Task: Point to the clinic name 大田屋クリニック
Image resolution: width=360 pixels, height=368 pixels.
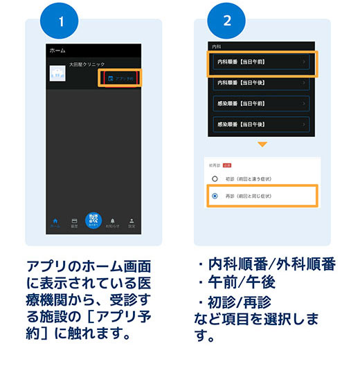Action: coord(105,64)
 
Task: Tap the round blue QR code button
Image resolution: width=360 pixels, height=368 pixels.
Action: coord(93,219)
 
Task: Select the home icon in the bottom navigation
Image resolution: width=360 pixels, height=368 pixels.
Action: coord(55,221)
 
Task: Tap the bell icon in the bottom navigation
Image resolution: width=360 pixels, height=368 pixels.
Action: coord(111,221)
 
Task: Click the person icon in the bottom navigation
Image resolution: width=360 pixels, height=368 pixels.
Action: coord(132,221)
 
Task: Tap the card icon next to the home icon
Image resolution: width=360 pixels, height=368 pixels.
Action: coord(73,221)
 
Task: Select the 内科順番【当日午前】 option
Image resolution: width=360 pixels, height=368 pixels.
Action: coord(262,62)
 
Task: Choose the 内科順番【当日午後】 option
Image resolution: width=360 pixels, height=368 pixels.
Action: coord(262,82)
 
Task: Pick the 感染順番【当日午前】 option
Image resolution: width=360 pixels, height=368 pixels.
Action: coord(262,104)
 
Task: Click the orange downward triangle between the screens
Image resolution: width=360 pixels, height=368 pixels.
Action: coord(262,145)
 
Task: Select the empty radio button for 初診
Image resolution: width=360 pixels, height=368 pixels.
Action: coord(215,178)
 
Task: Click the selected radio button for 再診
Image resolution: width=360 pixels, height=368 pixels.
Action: coord(215,196)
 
